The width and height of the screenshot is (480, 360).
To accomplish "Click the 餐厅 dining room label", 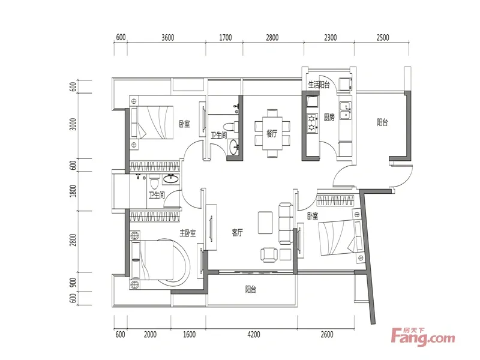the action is tap(272, 134).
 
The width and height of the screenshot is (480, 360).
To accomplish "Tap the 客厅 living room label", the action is tap(237, 233).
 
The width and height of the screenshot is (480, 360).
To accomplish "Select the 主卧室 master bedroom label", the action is tap(188, 233).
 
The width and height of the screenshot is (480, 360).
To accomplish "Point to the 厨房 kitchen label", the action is tap(329, 117).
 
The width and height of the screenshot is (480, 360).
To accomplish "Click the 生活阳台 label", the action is tap(319, 85).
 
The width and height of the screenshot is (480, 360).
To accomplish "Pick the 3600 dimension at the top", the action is tap(168, 38).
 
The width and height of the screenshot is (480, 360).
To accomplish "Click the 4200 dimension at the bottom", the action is tap(253, 335).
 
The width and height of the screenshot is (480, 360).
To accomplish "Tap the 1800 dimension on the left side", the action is tap(73, 191).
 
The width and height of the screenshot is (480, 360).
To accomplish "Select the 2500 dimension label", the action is tap(383, 38).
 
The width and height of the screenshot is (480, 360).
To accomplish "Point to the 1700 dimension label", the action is tap(226, 38).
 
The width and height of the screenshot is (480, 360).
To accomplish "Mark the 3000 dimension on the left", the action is tap(73, 124).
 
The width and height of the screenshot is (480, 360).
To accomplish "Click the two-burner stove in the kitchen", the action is tap(312, 123).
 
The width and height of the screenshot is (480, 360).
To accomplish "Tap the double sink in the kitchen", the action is tap(346, 110).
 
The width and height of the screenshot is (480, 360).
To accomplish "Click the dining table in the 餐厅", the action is tap(272, 133).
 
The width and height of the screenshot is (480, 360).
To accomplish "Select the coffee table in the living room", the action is tap(265, 223).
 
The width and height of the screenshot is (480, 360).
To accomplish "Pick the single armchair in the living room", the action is tap(269, 254).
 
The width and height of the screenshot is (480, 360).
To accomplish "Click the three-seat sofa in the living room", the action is tap(286, 223).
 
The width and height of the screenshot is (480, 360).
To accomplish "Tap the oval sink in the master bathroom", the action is tap(170, 179).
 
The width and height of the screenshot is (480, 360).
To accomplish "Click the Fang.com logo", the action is tap(423, 337).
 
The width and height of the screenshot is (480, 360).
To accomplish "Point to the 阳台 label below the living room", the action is tap(251, 289).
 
